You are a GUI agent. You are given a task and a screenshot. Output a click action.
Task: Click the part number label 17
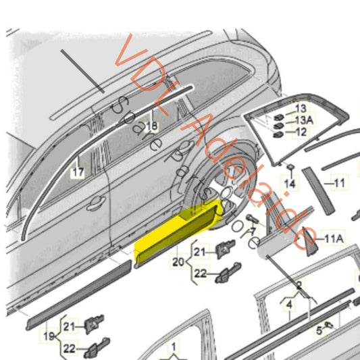click(78, 172)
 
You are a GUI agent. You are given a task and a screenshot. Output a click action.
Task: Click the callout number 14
click(290, 183)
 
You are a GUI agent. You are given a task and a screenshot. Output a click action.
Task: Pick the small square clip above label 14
click(290, 166)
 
